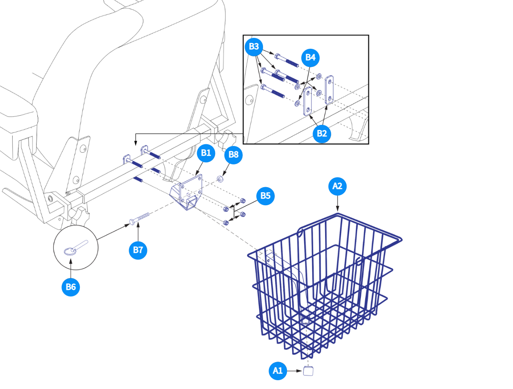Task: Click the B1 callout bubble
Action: [205, 153]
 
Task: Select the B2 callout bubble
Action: [321, 134]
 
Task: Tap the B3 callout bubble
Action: [254, 47]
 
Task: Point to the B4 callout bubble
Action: [310, 58]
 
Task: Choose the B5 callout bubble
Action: [265, 196]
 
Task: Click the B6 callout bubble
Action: [71, 287]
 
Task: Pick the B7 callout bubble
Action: [138, 250]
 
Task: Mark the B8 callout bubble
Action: [233, 155]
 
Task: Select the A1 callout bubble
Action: [277, 370]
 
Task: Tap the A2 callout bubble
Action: [337, 186]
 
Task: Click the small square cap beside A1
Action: [309, 370]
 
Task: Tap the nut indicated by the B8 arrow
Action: [220, 179]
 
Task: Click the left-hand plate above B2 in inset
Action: [308, 101]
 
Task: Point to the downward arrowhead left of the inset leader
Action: [135, 143]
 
